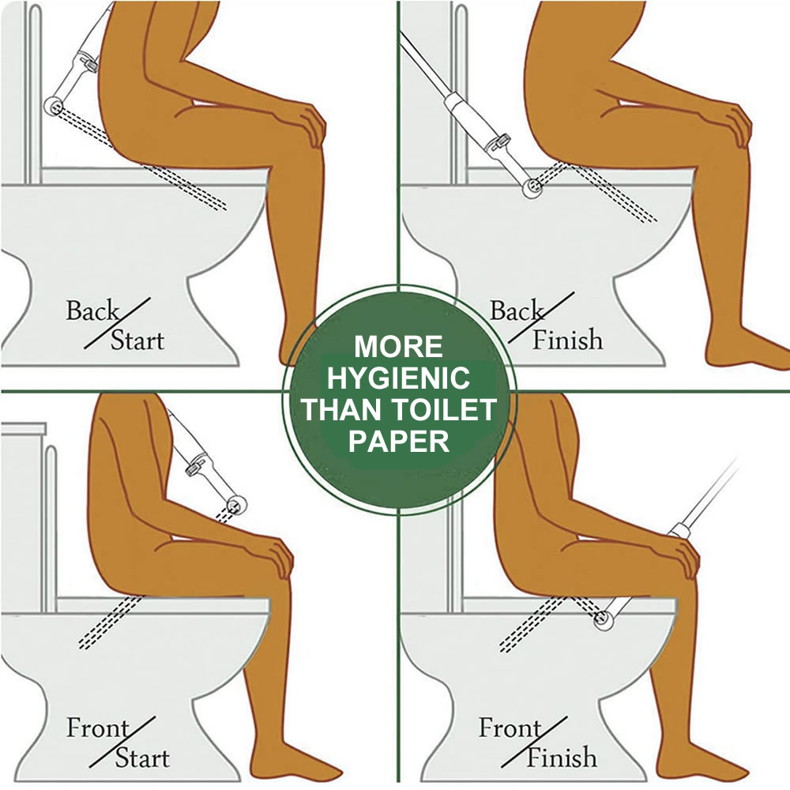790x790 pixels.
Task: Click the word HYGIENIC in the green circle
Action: pos(398,378)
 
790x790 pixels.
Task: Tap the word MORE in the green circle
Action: pos(398,347)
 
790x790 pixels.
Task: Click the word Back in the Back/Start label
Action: pos(92,310)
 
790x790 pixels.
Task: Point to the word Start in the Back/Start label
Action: pos(137,341)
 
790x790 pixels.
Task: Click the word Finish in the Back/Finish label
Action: pos(566,340)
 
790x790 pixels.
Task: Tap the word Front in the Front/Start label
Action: pos(96,727)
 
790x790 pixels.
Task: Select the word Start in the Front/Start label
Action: pos(141,758)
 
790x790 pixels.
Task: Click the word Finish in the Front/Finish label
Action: pos(562,758)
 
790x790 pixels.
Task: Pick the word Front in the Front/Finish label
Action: pos(509,727)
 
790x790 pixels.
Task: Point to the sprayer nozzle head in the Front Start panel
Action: pos(235,504)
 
